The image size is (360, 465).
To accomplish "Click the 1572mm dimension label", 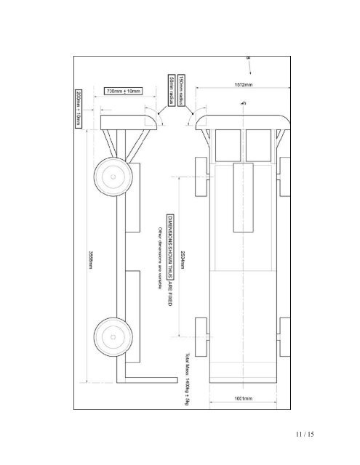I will click(x=243, y=85).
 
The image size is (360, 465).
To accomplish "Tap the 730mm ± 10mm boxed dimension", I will click(x=124, y=92).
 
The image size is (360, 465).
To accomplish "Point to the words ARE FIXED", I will click(x=169, y=280).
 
